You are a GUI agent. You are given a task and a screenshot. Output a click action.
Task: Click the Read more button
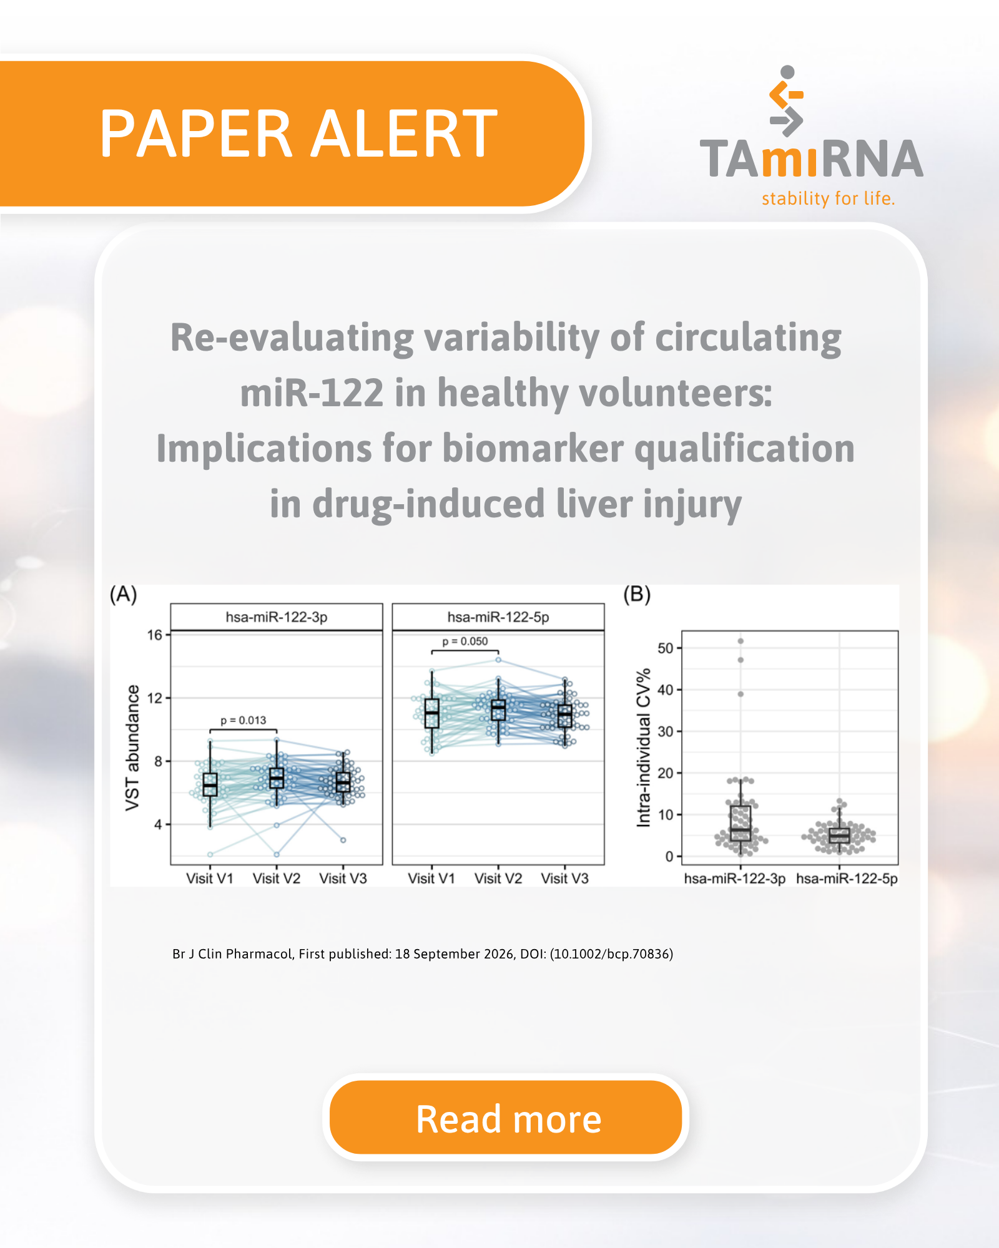pyautogui.click(x=506, y=1118)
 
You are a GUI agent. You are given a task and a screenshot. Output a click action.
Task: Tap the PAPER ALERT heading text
pyautogui.click(x=298, y=134)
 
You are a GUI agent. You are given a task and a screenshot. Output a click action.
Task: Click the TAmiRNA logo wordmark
pyautogui.click(x=811, y=158)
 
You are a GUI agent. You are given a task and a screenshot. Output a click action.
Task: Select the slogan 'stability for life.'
pyautogui.click(x=828, y=198)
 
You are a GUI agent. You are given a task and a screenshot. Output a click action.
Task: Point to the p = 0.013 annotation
pyautogui.click(x=243, y=720)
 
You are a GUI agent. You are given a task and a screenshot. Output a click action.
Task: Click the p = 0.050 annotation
pyautogui.click(x=465, y=641)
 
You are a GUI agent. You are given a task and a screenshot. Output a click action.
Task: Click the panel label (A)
pyautogui.click(x=123, y=594)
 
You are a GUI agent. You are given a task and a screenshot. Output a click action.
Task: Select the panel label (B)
pyautogui.click(x=637, y=594)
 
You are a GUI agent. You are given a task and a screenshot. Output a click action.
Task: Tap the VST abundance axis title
pyautogui.click(x=132, y=748)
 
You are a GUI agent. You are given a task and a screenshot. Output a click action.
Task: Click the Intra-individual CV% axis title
pyautogui.click(x=643, y=748)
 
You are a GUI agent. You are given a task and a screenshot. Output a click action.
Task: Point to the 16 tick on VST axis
pyautogui.click(x=154, y=635)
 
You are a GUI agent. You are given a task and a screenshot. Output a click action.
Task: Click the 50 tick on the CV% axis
pyautogui.click(x=666, y=648)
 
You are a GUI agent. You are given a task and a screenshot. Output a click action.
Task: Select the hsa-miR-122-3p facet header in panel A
pyautogui.click(x=277, y=617)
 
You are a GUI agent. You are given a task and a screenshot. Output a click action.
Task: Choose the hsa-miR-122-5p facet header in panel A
pyautogui.click(x=498, y=617)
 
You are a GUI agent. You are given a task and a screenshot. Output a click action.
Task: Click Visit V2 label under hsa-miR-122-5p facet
pyautogui.click(x=498, y=878)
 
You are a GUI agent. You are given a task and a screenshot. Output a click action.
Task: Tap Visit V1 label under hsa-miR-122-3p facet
pyautogui.click(x=210, y=878)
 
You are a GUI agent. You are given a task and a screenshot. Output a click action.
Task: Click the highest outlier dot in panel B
pyautogui.click(x=741, y=641)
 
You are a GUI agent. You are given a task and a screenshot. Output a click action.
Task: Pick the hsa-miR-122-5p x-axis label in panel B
pyautogui.click(x=847, y=879)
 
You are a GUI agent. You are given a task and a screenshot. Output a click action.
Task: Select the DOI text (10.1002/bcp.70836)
pyautogui.click(x=611, y=953)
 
